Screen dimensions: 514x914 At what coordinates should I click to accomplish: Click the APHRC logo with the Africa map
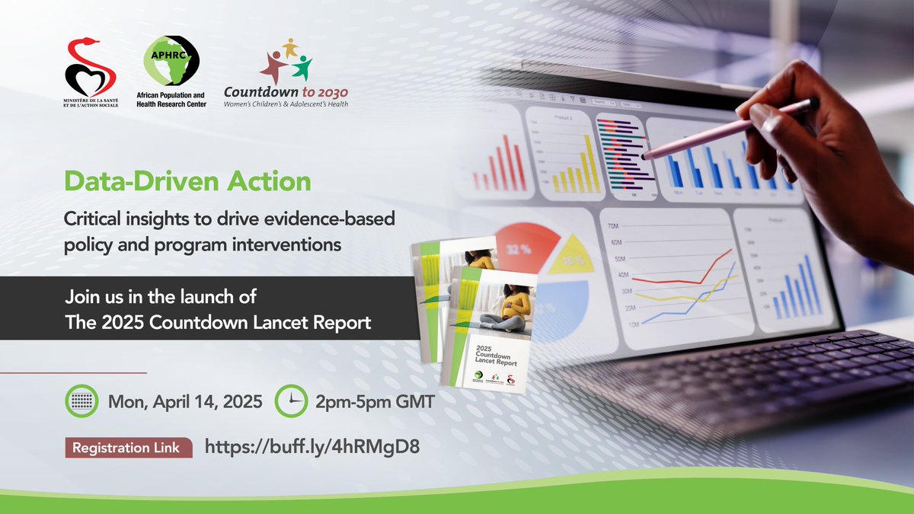coord(171,61)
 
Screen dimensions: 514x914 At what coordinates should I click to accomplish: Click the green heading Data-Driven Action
coord(188,182)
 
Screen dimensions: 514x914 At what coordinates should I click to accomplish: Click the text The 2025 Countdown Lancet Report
coord(219,322)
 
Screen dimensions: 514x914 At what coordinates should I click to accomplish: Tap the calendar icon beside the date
coord(82,401)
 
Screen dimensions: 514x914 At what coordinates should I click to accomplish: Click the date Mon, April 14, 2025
coord(186,401)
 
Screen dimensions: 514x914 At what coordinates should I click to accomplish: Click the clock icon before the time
coord(290,401)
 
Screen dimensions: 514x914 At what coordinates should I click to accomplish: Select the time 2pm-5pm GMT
coord(374,401)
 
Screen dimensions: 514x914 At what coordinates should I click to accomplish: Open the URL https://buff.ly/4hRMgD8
coord(312,448)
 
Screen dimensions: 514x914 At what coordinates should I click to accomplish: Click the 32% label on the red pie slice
coord(519,249)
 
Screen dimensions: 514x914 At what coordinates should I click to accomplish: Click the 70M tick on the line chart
coord(612,227)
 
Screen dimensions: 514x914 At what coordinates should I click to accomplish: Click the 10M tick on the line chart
coord(612,324)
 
